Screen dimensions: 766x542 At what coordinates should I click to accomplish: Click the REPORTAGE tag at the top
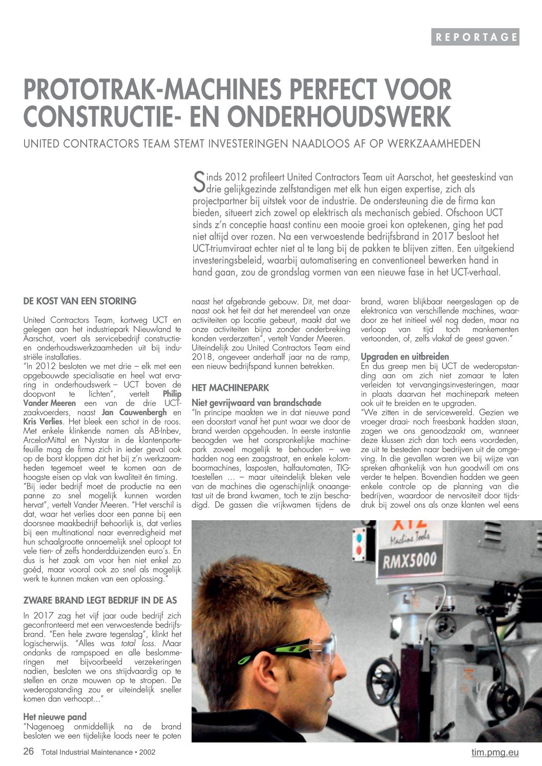475,37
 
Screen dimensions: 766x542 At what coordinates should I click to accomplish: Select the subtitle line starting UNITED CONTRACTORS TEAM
252,144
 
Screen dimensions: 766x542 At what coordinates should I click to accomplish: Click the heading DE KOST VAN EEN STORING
80,301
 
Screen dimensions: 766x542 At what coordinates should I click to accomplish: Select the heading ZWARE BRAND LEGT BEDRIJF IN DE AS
100,600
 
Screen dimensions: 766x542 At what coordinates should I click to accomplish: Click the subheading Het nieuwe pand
55,716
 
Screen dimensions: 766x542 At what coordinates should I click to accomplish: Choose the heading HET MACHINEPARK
230,388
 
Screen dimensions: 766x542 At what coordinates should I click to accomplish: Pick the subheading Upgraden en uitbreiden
405,356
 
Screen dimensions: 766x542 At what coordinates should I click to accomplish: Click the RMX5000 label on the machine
410,559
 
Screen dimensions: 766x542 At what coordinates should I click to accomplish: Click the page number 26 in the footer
29,752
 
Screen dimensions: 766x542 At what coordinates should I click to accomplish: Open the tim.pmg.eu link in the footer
495,752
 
